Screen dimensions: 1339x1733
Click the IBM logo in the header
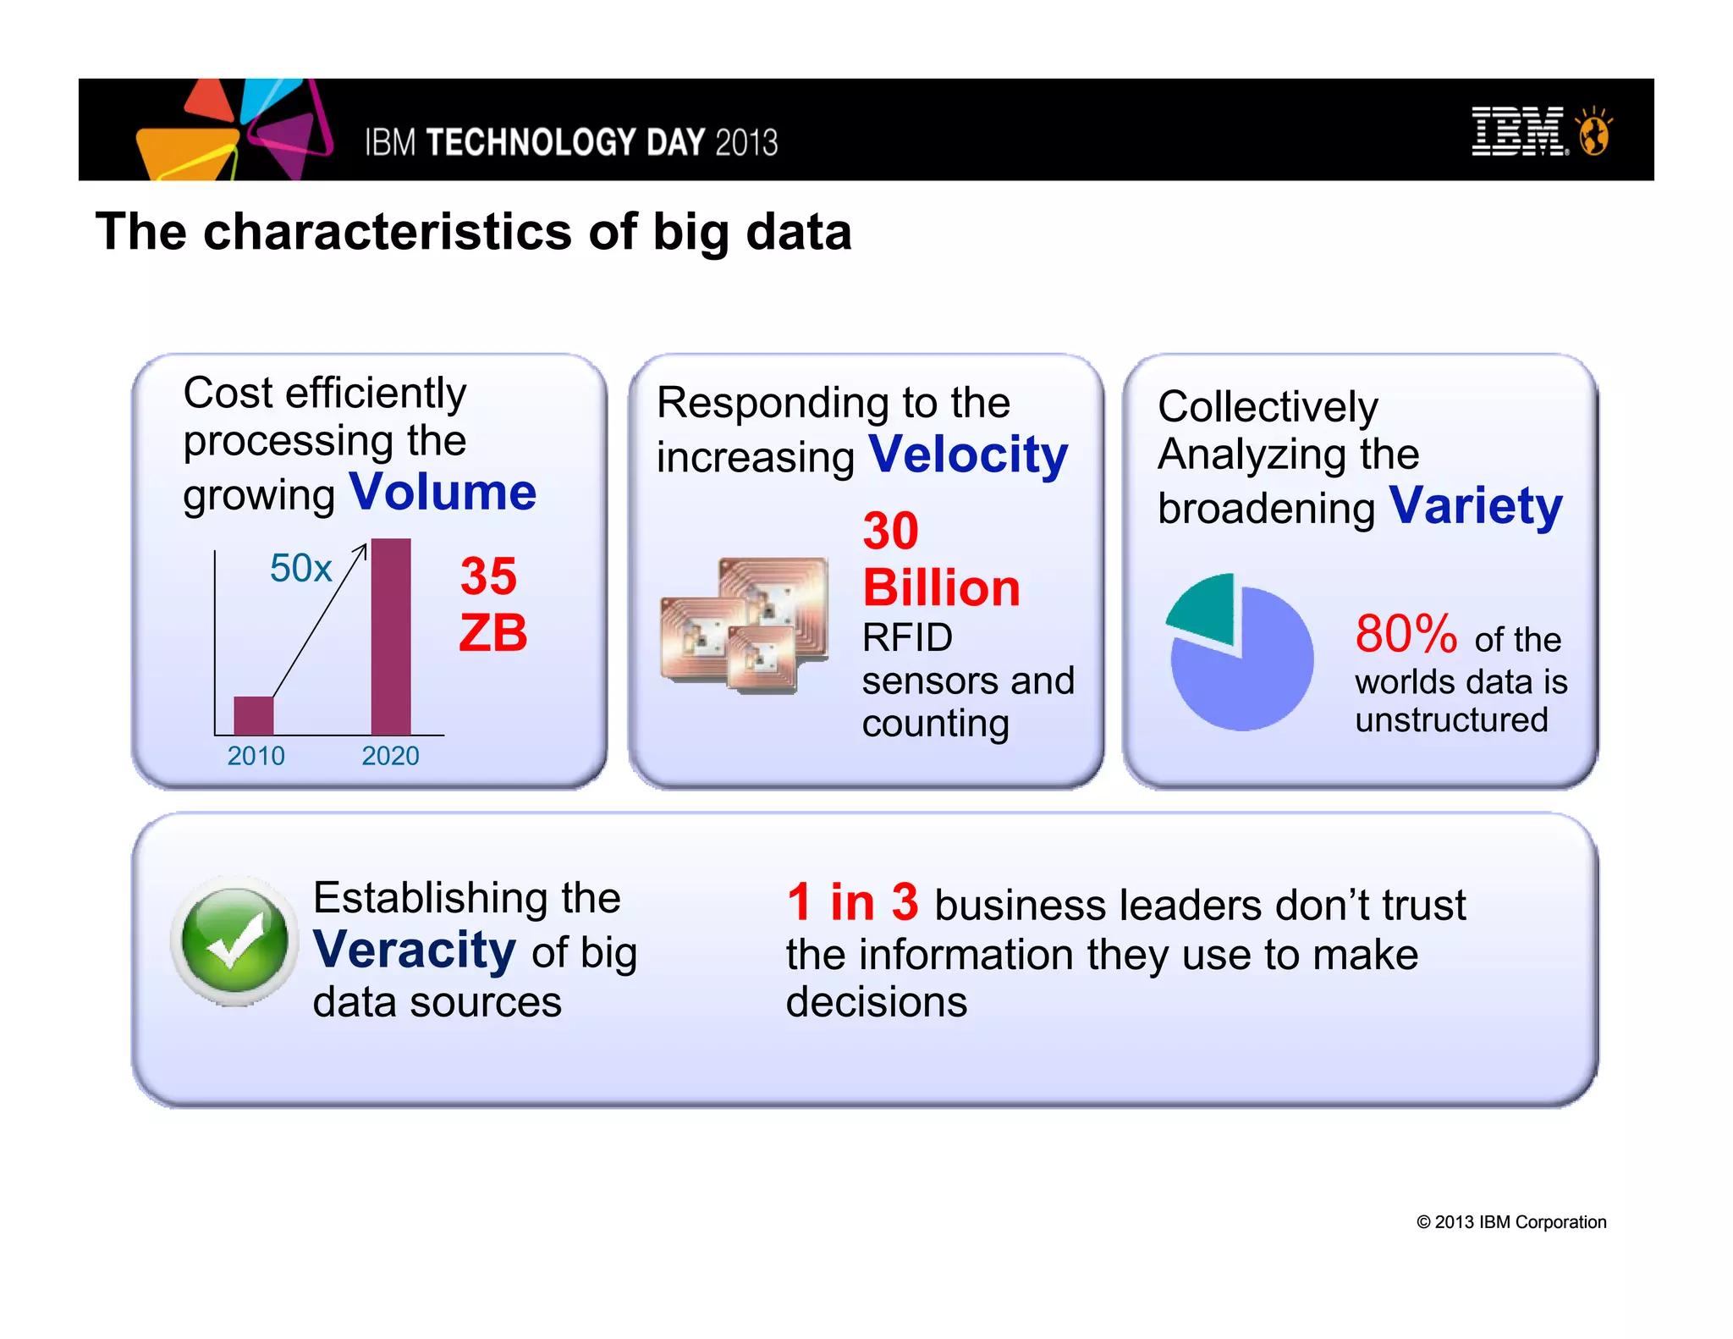[1519, 131]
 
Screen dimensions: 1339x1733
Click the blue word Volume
[443, 492]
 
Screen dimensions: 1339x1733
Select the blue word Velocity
[968, 455]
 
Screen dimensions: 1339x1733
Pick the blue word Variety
[1476, 506]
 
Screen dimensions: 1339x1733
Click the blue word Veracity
[414, 950]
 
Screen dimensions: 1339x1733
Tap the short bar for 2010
[253, 715]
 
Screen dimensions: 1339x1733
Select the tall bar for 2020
[391, 636]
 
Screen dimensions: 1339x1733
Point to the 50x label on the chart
[300, 568]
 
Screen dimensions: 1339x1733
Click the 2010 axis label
[256, 756]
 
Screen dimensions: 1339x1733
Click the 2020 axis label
[390, 756]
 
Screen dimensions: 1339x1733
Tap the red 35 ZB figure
[492, 604]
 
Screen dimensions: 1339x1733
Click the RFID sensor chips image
[745, 625]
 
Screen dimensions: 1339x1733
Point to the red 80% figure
[1406, 634]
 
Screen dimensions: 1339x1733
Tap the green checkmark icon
[234, 941]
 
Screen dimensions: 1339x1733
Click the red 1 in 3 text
[852, 902]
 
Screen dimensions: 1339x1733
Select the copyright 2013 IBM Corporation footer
[1511, 1222]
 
